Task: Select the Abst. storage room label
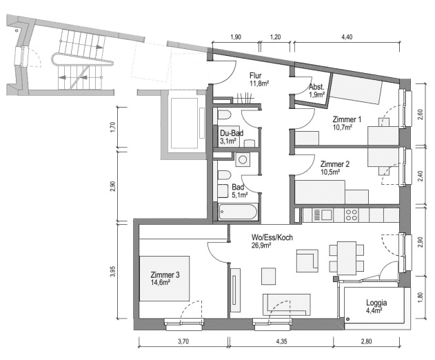pyautogui.click(x=316, y=87)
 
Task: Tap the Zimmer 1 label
pyautogui.click(x=345, y=119)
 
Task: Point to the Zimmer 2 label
pyautogui.click(x=334, y=164)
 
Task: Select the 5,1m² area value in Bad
pyautogui.click(x=238, y=195)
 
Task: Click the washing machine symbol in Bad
pyautogui.click(x=243, y=160)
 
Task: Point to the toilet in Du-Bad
pyautogui.click(x=225, y=114)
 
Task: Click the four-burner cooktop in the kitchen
pyautogui.click(x=351, y=214)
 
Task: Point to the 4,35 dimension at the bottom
pyautogui.click(x=282, y=342)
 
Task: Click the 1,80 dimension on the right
pyautogui.click(x=420, y=299)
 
